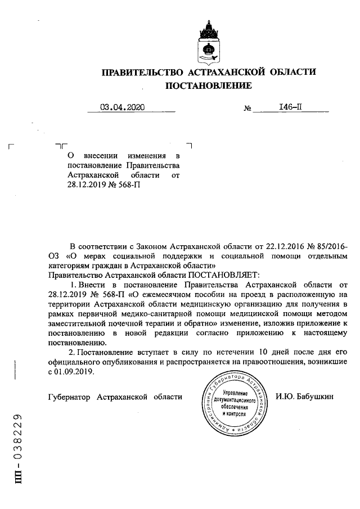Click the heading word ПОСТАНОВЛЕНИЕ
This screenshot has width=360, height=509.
click(208, 85)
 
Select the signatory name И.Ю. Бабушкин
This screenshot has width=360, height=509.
click(304, 397)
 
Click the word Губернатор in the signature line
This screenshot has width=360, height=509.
click(70, 397)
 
